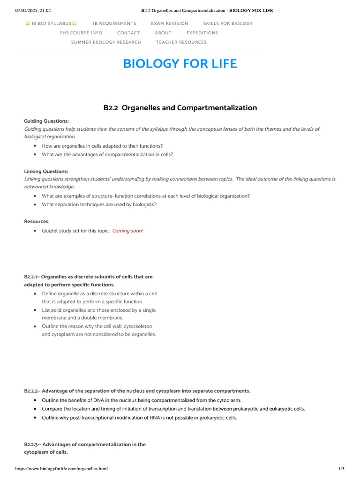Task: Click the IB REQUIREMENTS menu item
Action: [x=114, y=23]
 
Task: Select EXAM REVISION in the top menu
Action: [x=169, y=23]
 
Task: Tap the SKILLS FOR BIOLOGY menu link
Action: [x=228, y=23]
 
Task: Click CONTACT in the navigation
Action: [x=128, y=33]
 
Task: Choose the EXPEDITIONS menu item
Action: [x=202, y=33]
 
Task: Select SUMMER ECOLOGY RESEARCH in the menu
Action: [x=106, y=42]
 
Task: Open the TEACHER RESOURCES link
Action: [x=181, y=42]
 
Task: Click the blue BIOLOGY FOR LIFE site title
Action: [x=180, y=64]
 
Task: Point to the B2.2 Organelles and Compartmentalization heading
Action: [x=180, y=108]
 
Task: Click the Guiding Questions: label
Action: [x=46, y=121]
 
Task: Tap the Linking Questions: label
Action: [x=46, y=171]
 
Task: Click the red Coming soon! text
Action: [x=127, y=231]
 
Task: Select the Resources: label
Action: [x=37, y=221]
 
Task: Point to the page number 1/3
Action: [x=341, y=469]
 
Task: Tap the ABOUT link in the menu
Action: [x=163, y=33]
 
